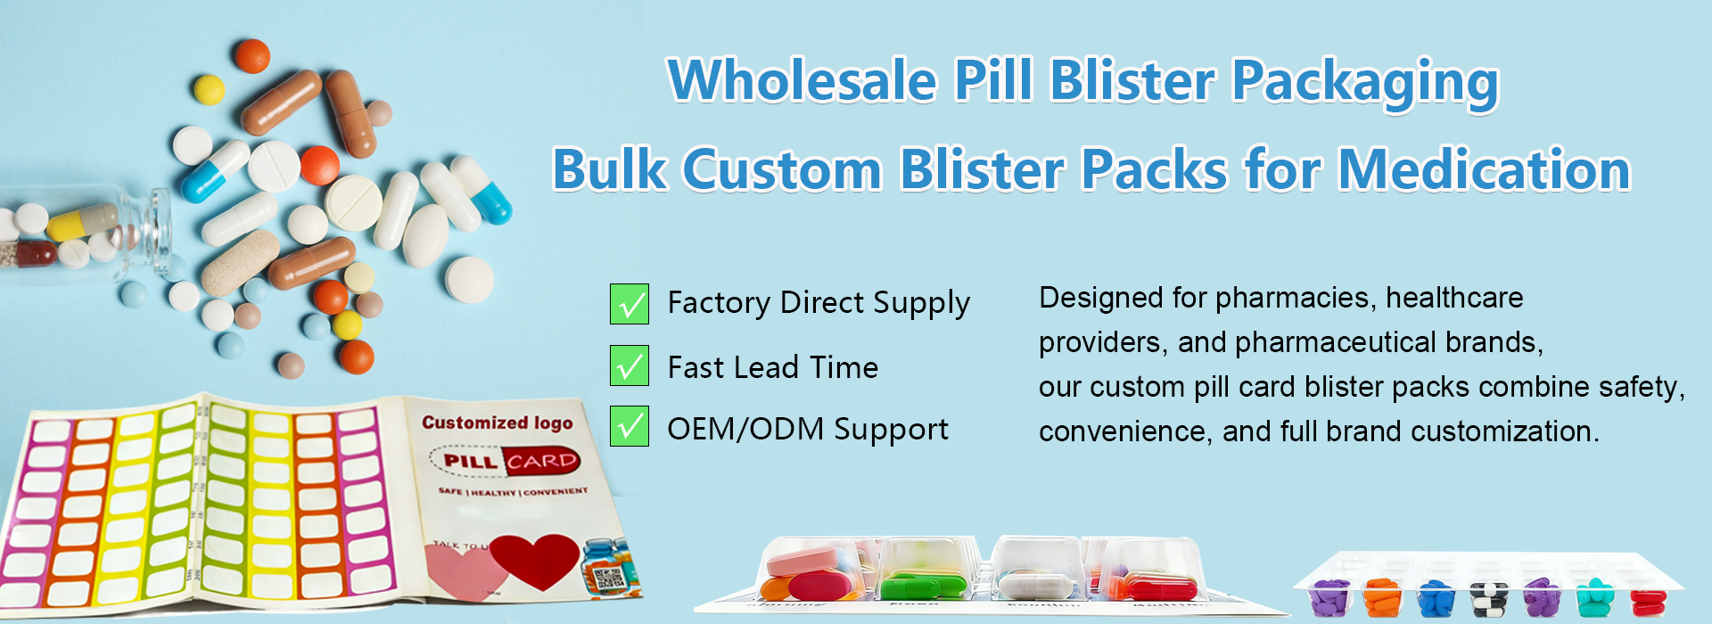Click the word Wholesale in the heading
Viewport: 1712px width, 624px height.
point(802,80)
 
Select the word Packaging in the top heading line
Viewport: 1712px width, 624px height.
point(1364,82)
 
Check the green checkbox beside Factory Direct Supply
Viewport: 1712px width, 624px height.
point(630,304)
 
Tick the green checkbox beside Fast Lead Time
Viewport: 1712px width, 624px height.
point(630,366)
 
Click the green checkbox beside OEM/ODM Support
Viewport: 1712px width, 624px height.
point(630,426)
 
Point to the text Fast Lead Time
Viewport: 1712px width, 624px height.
point(772,367)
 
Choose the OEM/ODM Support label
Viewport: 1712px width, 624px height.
point(807,429)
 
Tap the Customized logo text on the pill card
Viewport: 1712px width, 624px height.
point(497,423)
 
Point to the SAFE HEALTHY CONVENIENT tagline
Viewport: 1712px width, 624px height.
point(513,491)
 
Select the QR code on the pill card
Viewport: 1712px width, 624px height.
point(610,579)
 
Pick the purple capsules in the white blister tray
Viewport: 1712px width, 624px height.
point(1330,596)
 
